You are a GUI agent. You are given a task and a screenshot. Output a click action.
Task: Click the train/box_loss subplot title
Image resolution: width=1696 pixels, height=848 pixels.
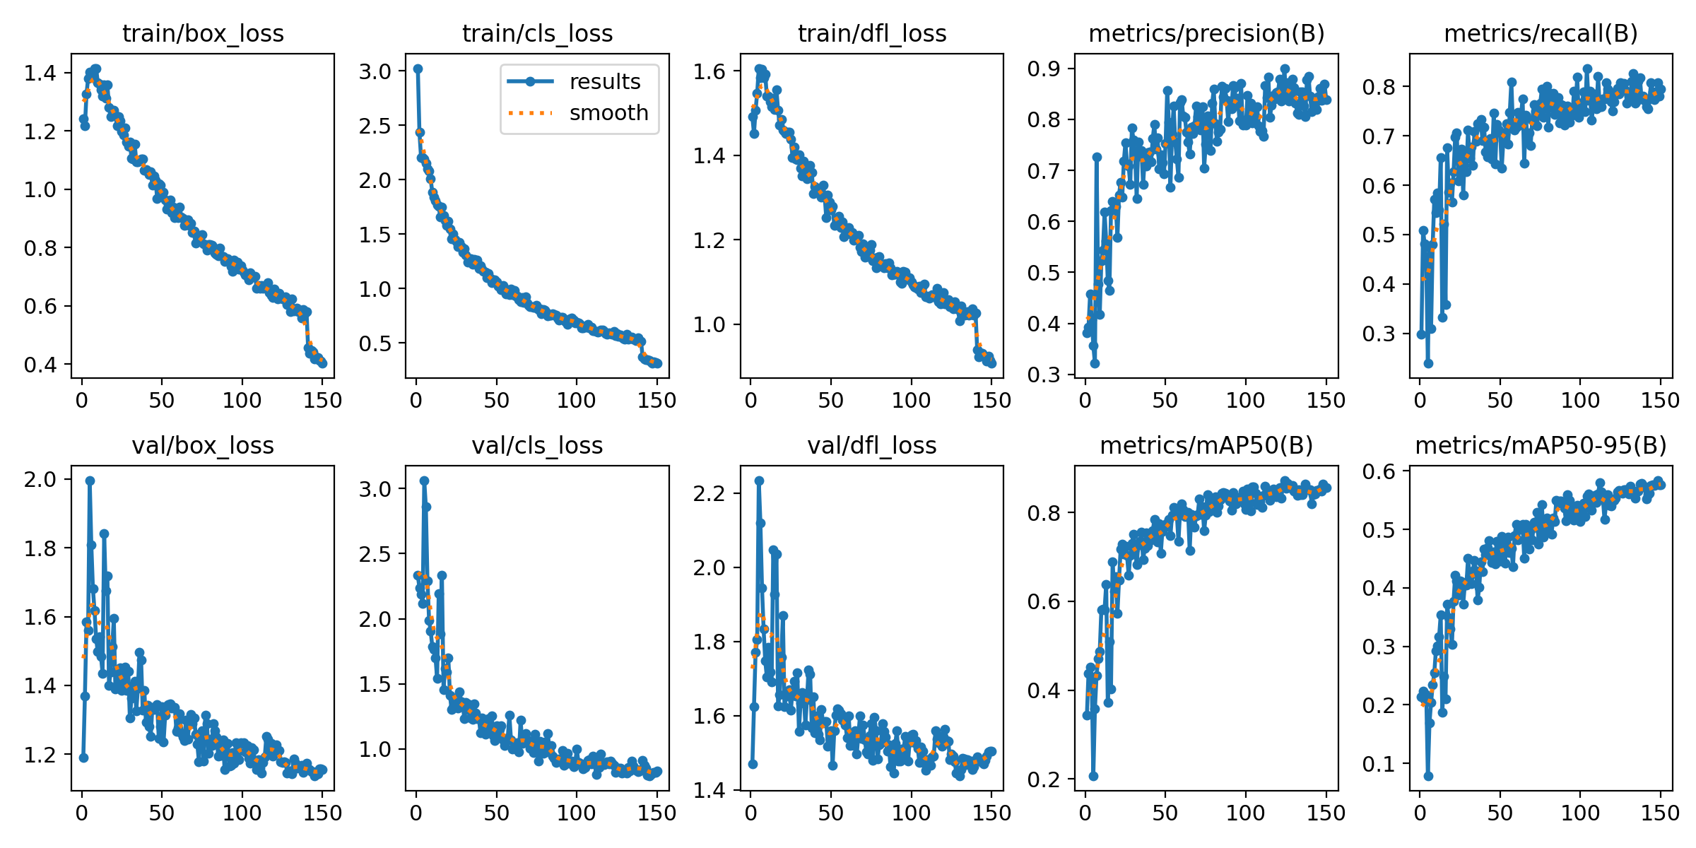(203, 33)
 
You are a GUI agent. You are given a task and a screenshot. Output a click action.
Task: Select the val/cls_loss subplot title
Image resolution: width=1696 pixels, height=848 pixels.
(537, 445)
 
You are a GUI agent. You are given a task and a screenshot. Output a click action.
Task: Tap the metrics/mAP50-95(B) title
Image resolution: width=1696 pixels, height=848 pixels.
(1541, 445)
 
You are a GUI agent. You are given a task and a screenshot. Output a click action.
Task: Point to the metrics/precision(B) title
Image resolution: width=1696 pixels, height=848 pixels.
(1206, 33)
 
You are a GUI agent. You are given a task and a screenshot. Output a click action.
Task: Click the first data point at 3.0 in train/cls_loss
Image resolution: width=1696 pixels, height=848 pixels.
(418, 69)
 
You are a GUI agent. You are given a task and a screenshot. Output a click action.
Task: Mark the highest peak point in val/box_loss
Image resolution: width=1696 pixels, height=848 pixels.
(90, 481)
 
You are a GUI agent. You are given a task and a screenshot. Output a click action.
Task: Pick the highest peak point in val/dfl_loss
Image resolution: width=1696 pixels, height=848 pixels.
(759, 481)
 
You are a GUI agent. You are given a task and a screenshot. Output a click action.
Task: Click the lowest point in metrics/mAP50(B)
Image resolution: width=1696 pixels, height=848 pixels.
(1093, 776)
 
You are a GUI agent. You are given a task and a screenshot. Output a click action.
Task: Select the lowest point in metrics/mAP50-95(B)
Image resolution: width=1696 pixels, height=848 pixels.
(1428, 776)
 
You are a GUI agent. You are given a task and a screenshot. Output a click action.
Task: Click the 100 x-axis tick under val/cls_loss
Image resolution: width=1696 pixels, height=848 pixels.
(576, 813)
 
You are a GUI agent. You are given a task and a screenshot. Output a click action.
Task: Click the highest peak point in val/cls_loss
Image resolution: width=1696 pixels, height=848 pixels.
(424, 481)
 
